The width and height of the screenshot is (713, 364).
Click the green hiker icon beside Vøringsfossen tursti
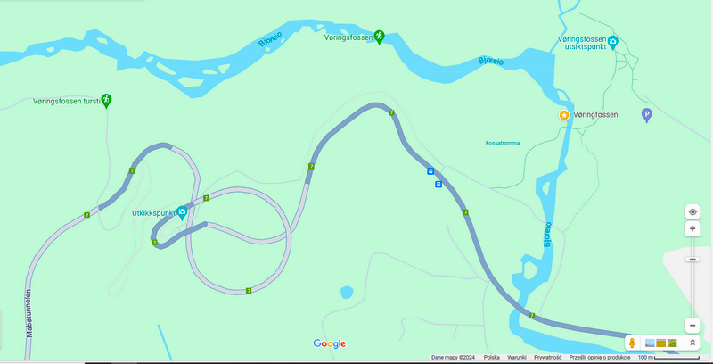tap(106, 99)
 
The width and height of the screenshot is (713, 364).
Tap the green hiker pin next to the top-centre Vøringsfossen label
tap(379, 36)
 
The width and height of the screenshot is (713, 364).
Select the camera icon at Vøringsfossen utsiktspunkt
tap(613, 41)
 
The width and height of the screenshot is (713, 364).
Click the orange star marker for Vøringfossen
tap(563, 116)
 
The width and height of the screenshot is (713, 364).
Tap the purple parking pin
tap(647, 114)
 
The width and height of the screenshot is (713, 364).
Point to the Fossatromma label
tap(505, 143)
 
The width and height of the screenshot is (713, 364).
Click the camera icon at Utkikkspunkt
tap(182, 212)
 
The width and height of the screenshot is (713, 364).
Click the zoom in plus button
tap(693, 229)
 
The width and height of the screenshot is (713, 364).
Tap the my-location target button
tap(693, 211)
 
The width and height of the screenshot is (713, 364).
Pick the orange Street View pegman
tap(631, 343)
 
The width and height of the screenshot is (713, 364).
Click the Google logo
tap(329, 343)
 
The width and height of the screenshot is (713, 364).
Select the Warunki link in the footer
tap(517, 358)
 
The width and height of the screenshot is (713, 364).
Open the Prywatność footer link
tap(547, 358)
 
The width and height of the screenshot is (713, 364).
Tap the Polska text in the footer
tap(491, 358)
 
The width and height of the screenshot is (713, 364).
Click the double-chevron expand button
tap(692, 343)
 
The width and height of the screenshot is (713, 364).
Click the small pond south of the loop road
tap(347, 292)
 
